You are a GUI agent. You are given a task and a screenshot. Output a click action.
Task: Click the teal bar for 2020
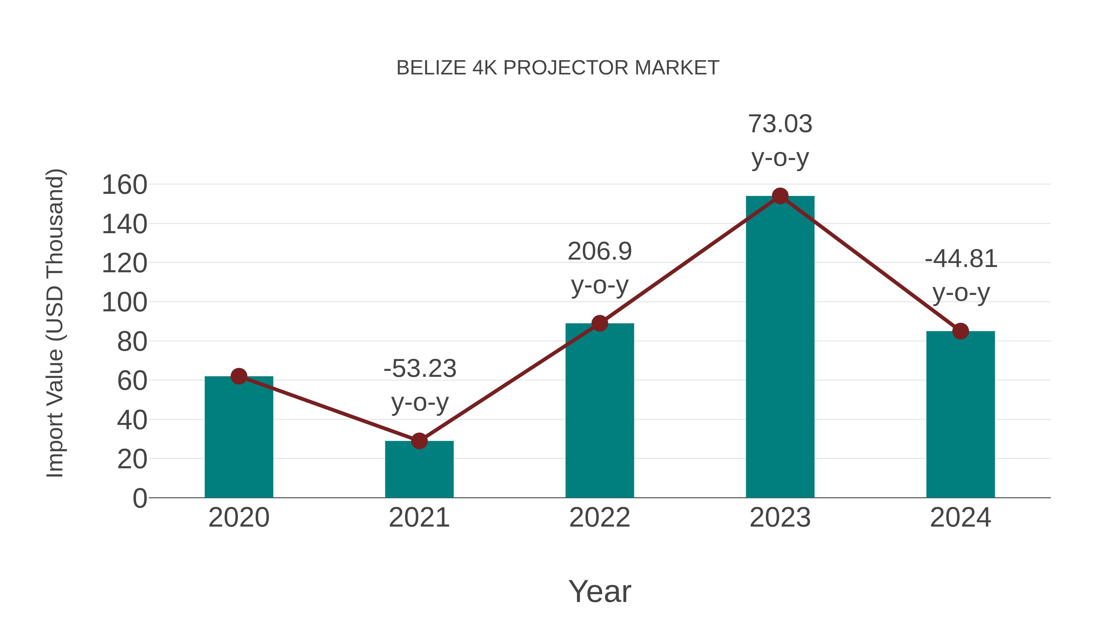point(239,438)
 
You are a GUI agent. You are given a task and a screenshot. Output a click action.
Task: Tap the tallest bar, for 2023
point(780,347)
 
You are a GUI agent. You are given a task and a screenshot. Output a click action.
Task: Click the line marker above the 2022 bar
point(600,323)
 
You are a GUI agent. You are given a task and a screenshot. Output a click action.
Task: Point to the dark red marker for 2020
point(239,376)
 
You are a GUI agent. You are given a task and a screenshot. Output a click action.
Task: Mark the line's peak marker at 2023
point(780,196)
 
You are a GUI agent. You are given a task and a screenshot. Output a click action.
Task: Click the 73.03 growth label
point(780,124)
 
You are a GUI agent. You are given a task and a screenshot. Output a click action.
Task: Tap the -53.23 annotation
point(420,369)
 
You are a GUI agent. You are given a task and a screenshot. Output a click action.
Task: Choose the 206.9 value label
point(600,252)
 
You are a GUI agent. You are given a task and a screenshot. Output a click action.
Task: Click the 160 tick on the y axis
point(124,185)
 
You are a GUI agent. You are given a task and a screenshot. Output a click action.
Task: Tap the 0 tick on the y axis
point(139,498)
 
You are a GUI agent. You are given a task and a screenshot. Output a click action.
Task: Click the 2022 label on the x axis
point(600,518)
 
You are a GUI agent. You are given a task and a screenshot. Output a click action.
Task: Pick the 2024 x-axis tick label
point(960,518)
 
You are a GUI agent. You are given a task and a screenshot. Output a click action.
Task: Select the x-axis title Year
point(600,592)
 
